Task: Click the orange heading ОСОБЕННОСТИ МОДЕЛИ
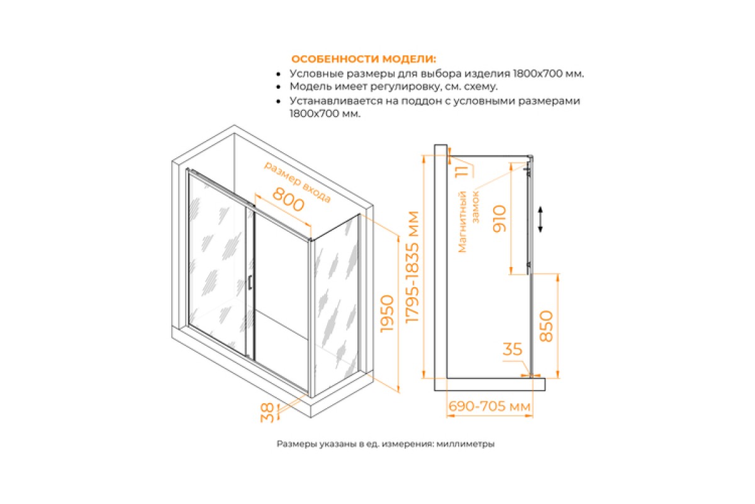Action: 364,59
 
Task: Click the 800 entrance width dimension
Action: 288,203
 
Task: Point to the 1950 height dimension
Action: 387,314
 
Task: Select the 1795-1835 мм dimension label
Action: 412,267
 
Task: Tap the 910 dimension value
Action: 500,219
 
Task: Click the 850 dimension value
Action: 546,326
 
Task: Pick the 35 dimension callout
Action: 512,349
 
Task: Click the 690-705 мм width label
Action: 489,406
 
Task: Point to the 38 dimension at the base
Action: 267,413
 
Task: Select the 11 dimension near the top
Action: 462,171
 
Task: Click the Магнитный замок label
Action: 469,222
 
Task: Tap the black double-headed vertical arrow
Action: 540,219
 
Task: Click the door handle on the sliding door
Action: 250,282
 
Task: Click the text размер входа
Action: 297,182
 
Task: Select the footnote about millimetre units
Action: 386,444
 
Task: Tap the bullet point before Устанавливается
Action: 278,101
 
